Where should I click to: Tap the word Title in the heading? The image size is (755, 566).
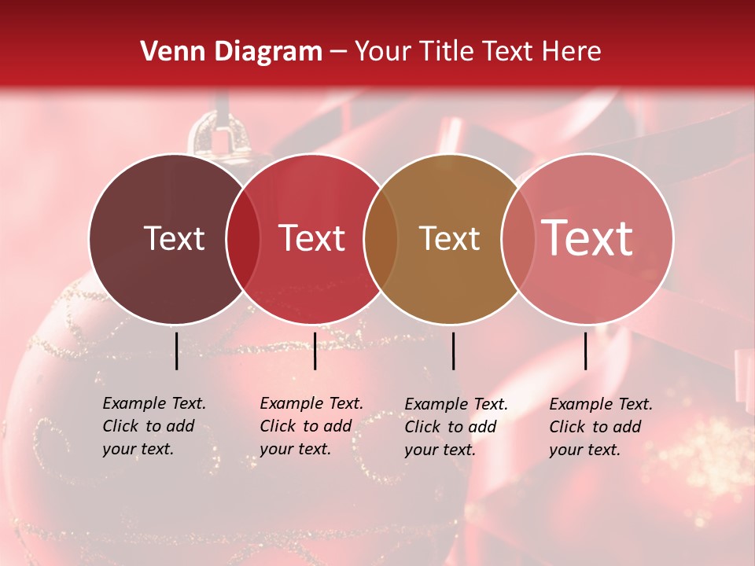pyautogui.click(x=446, y=52)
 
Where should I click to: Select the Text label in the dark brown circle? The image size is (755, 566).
pyautogui.click(x=174, y=238)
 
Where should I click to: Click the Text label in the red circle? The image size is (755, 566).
pyautogui.click(x=312, y=238)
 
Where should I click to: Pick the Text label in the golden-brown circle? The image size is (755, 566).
pyautogui.click(x=449, y=238)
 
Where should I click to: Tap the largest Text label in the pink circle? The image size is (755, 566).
pyautogui.click(x=587, y=238)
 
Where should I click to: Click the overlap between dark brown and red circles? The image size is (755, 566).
pyautogui.click(x=243, y=238)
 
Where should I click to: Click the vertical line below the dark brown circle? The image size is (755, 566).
pyautogui.click(x=176, y=351)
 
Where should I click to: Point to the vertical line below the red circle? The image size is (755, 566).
pyautogui.click(x=315, y=351)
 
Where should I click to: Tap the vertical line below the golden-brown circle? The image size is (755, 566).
pyautogui.click(x=453, y=351)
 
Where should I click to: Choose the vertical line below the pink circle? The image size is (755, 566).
pyautogui.click(x=586, y=351)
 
